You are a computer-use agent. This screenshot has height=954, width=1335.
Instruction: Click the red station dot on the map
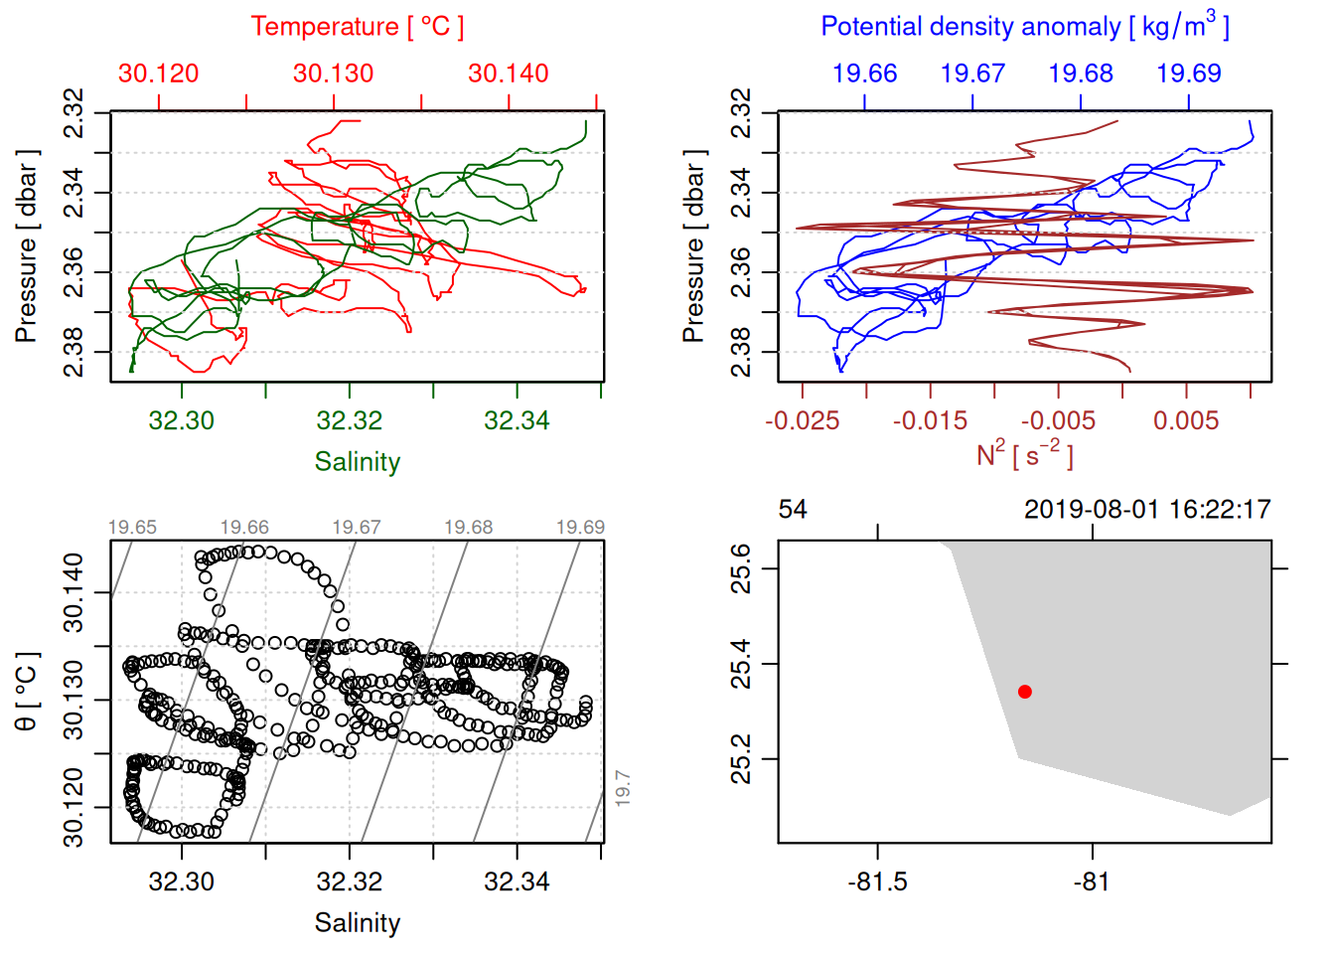tap(1025, 692)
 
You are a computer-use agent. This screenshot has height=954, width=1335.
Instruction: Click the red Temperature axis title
tap(357, 27)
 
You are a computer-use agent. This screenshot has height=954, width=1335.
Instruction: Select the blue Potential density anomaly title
tap(1024, 26)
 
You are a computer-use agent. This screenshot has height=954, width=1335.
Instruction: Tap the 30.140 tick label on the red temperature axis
tap(509, 74)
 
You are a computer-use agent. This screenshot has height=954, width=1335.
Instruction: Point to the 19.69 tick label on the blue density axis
tap(1189, 74)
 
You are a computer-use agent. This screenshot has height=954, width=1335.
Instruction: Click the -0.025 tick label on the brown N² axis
tap(803, 420)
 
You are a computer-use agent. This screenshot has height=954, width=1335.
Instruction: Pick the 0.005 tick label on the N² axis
tap(1186, 420)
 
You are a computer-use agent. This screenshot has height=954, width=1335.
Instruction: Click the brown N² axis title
tap(1024, 454)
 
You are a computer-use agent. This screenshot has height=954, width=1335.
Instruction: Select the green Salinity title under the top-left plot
tap(357, 462)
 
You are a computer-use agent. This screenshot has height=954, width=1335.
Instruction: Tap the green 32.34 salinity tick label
tap(517, 420)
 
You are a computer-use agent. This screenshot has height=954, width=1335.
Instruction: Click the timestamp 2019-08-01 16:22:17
tap(1147, 510)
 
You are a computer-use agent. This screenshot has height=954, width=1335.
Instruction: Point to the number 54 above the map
tap(793, 510)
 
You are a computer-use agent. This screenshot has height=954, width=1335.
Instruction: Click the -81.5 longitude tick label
tap(878, 881)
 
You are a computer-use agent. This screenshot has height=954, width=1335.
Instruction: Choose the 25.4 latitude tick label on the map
tap(741, 664)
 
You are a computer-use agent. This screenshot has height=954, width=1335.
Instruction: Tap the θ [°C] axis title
tap(27, 692)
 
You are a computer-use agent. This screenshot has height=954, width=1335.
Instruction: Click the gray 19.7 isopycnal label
tap(622, 788)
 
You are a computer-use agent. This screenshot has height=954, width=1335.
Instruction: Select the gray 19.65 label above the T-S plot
tap(132, 528)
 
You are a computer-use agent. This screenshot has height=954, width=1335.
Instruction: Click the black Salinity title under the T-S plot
tap(357, 923)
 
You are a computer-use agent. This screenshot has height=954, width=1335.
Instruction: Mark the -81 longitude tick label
tap(1092, 881)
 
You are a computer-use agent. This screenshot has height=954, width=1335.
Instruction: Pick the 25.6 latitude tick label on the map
tap(741, 568)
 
